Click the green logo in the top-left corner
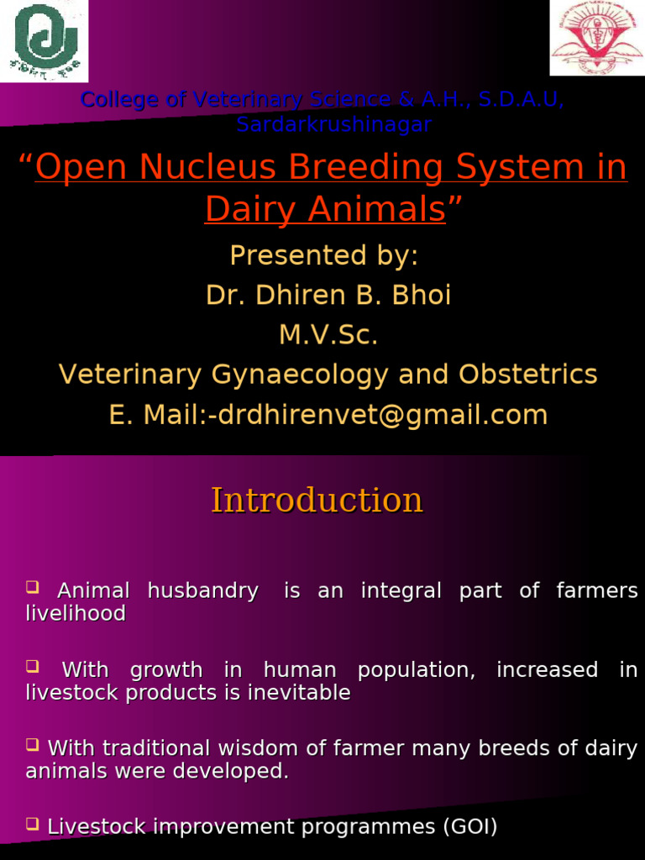pos(44,40)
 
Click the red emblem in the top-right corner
pos(596,38)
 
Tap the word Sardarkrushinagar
pos(333,125)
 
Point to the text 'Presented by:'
pos(323,255)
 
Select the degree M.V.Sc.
pos(328,335)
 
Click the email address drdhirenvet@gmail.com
pos(382,415)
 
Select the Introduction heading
pos(317,501)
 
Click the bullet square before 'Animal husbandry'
pos(33,587)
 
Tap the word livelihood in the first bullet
pos(76,614)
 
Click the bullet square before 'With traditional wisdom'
pos(33,745)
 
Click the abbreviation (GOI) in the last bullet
pos(469,827)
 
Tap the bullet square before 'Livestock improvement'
pos(33,824)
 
